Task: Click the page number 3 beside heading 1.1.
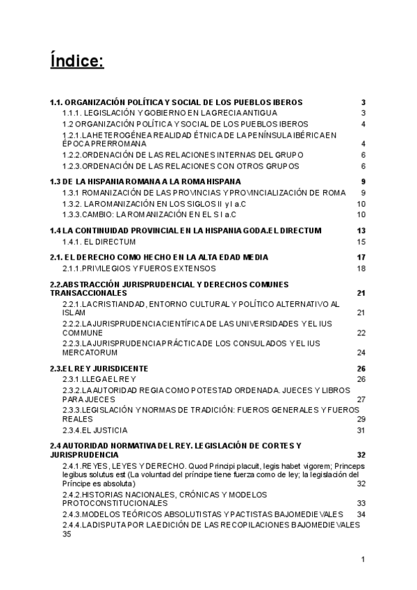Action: (x=363, y=102)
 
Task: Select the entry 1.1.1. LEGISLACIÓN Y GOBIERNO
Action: (x=170, y=113)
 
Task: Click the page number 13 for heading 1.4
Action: (x=361, y=230)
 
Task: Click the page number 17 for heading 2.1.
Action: (x=361, y=257)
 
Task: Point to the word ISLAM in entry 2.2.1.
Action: (x=73, y=313)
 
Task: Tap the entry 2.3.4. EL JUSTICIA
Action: (x=95, y=431)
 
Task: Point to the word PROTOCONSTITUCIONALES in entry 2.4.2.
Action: (x=116, y=502)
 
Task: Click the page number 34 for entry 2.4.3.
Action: (x=361, y=514)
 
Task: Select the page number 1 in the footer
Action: (x=363, y=559)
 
